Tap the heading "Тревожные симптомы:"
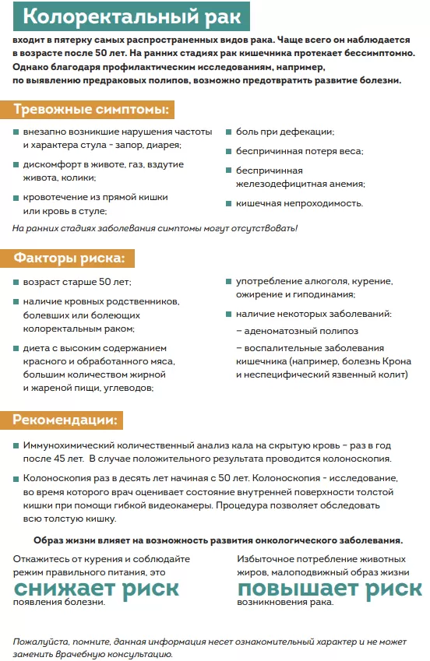point(92,109)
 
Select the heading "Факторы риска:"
point(73,258)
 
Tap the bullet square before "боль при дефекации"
point(229,132)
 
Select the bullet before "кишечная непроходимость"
point(229,204)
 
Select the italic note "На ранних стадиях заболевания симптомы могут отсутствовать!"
point(155,228)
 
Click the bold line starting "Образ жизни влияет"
point(218,540)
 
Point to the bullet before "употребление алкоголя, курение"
point(229,281)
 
